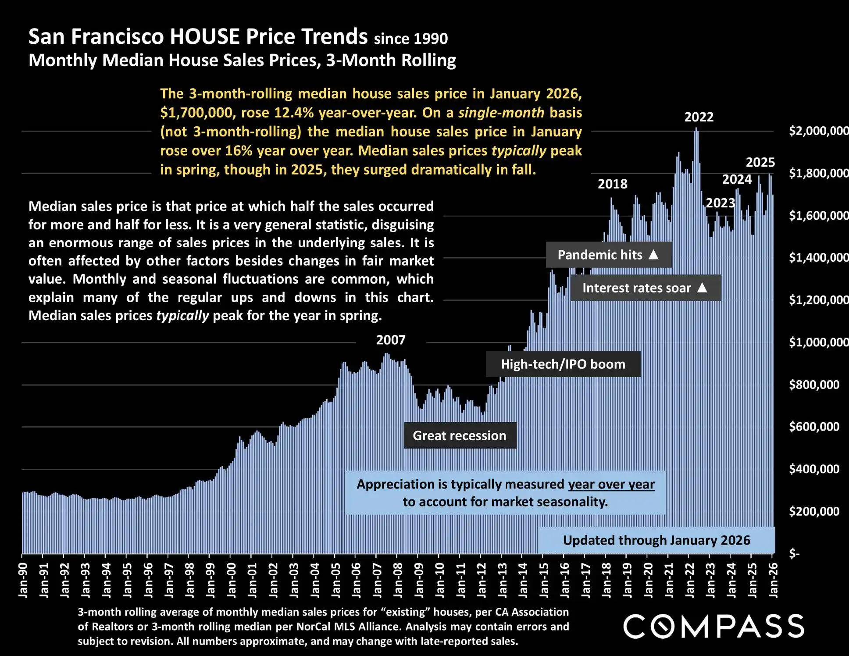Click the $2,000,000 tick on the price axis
(818, 131)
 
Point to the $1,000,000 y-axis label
(818, 342)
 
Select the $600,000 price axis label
(814, 427)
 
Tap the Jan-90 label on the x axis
(23, 580)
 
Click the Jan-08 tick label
(398, 580)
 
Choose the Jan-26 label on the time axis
(774, 580)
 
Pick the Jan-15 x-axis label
(544, 580)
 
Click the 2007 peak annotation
(391, 340)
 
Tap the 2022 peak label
(699, 117)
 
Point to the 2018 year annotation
(612, 184)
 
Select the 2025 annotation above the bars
(760, 163)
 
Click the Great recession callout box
(460, 435)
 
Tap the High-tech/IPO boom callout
(563, 364)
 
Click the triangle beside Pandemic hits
(653, 254)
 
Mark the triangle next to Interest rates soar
(702, 288)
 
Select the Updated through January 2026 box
(656, 540)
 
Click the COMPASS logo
(713, 626)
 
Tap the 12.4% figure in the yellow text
(294, 113)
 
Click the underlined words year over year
(611, 484)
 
